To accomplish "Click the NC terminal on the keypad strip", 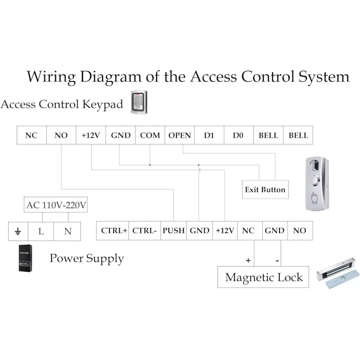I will coord(31,135).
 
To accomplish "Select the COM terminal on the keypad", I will coord(150,135).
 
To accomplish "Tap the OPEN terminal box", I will coord(180,135).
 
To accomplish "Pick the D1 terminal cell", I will coord(209,135).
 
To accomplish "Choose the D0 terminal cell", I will coord(238,135).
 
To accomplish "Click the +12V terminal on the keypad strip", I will coord(90,135).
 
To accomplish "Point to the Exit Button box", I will coord(265,189).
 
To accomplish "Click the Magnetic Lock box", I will coord(264,277).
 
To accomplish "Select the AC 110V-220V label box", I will coord(56,205).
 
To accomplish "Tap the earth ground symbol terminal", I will coord(18,231).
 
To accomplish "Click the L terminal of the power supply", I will coord(41,231).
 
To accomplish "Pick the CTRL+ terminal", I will coord(114,230).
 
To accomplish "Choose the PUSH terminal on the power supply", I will coord(174,230).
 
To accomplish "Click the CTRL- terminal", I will coord(145,230).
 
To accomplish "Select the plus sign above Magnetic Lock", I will coord(247,260).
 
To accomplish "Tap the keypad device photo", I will coord(139,102).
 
